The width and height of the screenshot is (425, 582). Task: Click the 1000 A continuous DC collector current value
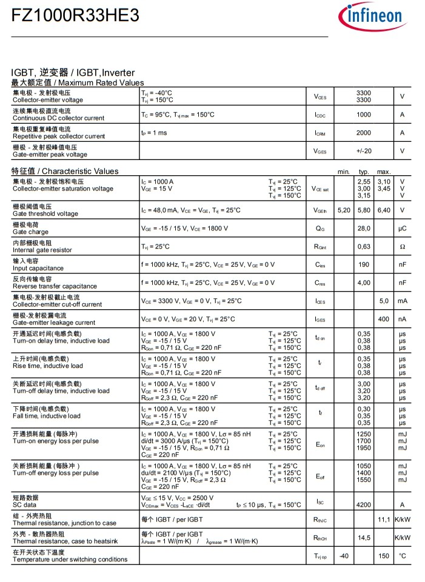point(364,115)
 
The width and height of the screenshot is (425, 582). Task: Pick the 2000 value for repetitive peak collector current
point(364,133)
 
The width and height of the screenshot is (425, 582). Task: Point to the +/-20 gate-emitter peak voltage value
point(364,151)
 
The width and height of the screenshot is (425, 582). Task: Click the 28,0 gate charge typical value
point(364,229)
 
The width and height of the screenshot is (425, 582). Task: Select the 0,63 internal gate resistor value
point(364,247)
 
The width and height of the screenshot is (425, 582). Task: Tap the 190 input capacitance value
point(364,265)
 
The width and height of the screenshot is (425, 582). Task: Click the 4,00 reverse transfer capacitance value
point(364,283)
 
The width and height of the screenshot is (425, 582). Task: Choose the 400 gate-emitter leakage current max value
point(384,319)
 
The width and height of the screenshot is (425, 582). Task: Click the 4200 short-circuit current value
point(364,504)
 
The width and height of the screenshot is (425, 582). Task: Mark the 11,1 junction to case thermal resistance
point(384,520)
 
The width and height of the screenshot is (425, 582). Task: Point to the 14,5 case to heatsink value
point(364,538)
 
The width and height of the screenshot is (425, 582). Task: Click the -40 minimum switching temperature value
point(344,556)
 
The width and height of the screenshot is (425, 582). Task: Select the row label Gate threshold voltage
point(45,213)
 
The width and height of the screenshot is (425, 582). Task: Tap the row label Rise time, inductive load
point(48,366)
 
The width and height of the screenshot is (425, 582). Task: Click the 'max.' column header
point(384,172)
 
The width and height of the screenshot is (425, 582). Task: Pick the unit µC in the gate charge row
point(402,229)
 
